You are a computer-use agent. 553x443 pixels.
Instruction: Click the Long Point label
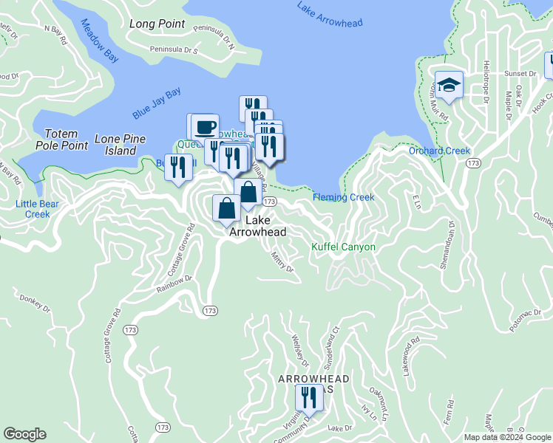click(157, 24)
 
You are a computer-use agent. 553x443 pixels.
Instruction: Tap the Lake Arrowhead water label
click(330, 14)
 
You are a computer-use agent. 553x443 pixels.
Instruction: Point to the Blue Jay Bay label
click(157, 103)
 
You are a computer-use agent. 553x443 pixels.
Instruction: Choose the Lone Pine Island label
click(119, 145)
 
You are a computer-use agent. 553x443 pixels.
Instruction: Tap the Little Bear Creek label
click(33, 209)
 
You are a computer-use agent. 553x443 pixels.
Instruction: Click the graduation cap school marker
click(448, 86)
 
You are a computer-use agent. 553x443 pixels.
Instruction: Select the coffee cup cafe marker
click(206, 126)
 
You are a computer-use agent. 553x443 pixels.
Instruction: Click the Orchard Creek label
click(439, 151)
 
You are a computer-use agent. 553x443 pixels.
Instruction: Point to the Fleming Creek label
click(343, 197)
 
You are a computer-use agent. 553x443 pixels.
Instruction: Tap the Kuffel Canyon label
click(343, 247)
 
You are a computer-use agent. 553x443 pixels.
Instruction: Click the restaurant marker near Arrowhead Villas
click(308, 398)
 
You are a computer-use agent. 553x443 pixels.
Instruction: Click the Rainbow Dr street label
click(174, 284)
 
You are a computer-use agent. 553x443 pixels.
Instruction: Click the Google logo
click(25, 434)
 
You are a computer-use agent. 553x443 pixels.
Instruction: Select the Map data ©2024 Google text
click(507, 437)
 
